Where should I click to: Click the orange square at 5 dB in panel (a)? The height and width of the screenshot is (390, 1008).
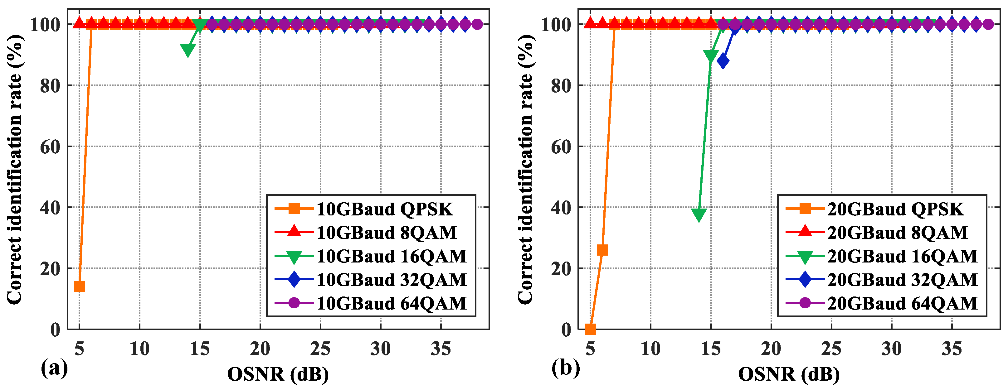(80, 286)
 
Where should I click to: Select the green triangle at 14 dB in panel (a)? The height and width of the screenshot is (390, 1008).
(188, 50)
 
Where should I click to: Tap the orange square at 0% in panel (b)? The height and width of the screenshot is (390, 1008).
(591, 329)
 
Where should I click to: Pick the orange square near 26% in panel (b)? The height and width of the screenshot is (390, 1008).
(602, 250)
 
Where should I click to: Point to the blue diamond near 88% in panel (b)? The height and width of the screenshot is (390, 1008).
(723, 61)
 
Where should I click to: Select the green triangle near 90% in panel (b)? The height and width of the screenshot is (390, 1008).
(711, 55)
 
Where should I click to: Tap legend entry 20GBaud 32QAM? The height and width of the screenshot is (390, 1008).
(902, 280)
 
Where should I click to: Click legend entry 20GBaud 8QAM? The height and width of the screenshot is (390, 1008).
(897, 233)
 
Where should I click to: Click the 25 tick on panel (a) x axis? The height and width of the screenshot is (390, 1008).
(320, 349)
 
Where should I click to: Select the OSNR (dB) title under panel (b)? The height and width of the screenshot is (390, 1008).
(789, 374)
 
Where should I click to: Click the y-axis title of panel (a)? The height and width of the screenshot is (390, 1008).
(15, 168)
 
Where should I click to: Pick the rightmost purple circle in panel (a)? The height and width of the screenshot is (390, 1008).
(477, 24)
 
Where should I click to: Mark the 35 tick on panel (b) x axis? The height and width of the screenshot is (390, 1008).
(951, 349)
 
